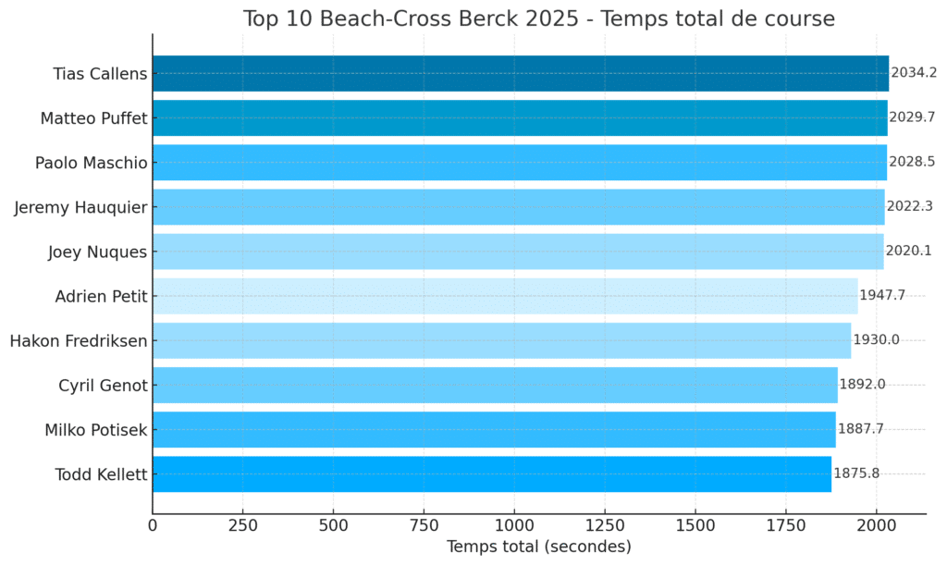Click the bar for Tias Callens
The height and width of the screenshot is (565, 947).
[x=520, y=74]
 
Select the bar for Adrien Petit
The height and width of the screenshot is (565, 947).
[x=505, y=296]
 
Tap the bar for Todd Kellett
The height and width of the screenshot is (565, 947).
[x=491, y=473]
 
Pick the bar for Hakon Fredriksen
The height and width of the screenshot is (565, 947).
[x=501, y=340]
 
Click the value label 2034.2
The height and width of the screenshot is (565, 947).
[x=913, y=74]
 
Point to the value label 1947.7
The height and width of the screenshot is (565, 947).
[x=881, y=296]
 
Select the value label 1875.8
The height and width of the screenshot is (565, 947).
[x=855, y=473]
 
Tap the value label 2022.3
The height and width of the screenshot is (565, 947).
[x=909, y=207]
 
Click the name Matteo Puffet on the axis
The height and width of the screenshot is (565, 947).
[x=93, y=118]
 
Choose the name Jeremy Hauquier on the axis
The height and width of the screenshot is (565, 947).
[x=80, y=207]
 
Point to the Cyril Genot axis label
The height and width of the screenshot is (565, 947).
[x=103, y=385]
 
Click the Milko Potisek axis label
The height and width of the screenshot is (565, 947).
[x=96, y=429]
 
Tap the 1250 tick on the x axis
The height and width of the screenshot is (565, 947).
[x=604, y=525]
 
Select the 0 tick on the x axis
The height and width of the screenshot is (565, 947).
[x=153, y=525]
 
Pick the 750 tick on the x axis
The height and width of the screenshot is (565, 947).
[x=424, y=525]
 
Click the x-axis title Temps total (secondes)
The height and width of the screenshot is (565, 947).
[x=538, y=547]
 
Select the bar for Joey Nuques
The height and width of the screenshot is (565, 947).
[x=518, y=252]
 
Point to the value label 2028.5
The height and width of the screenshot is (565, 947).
[x=911, y=163]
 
